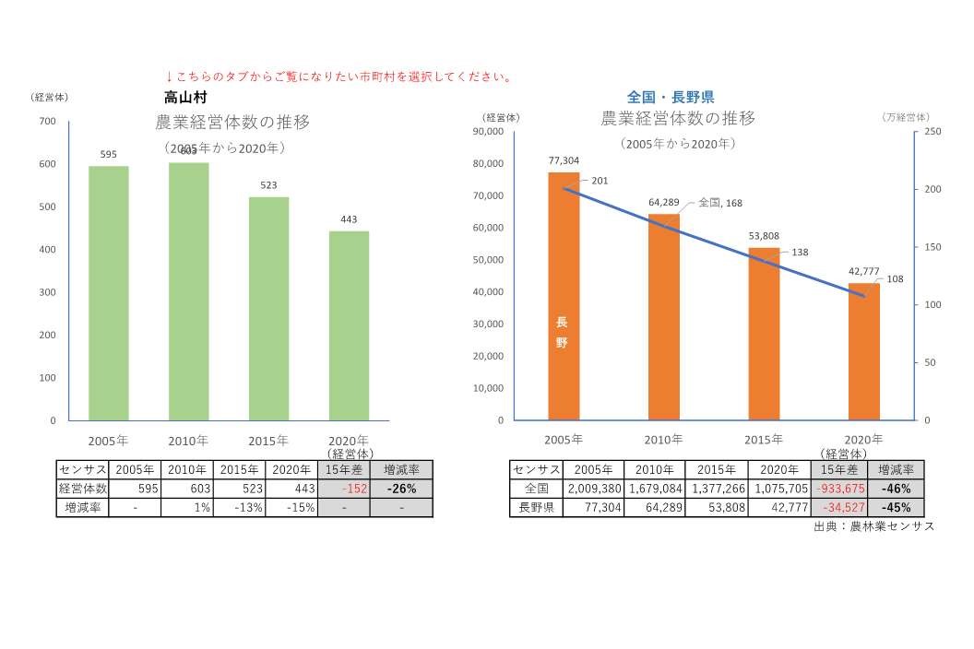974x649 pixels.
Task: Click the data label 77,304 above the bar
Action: (x=564, y=159)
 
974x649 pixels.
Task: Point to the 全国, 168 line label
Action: (x=720, y=202)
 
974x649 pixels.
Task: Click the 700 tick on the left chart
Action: (x=47, y=122)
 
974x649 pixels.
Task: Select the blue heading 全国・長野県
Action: (x=671, y=97)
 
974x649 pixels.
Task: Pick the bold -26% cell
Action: (x=401, y=489)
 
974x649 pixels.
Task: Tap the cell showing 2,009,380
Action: (x=592, y=489)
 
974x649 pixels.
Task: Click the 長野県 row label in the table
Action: (x=535, y=507)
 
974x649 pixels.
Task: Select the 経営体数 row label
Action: (x=82, y=489)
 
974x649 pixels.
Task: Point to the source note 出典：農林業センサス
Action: (x=873, y=526)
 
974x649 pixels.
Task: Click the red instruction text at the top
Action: (x=339, y=77)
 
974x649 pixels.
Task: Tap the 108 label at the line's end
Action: (x=894, y=279)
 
